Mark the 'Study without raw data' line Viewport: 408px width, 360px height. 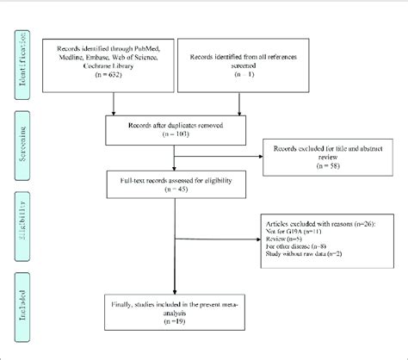303,254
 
